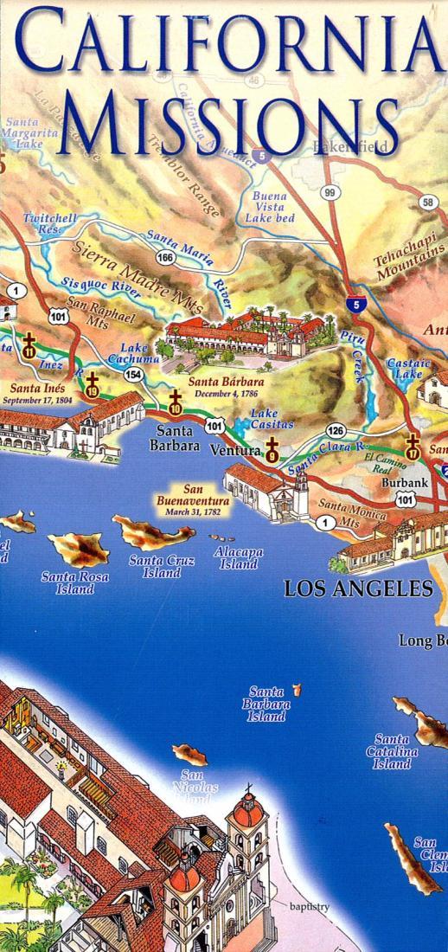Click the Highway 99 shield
point(329,193)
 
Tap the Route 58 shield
point(428,203)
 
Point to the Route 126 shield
point(336,431)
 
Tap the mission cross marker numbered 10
point(176,402)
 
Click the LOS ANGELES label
point(359,589)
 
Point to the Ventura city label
point(234,451)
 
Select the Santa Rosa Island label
point(75,582)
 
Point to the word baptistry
point(310,906)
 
